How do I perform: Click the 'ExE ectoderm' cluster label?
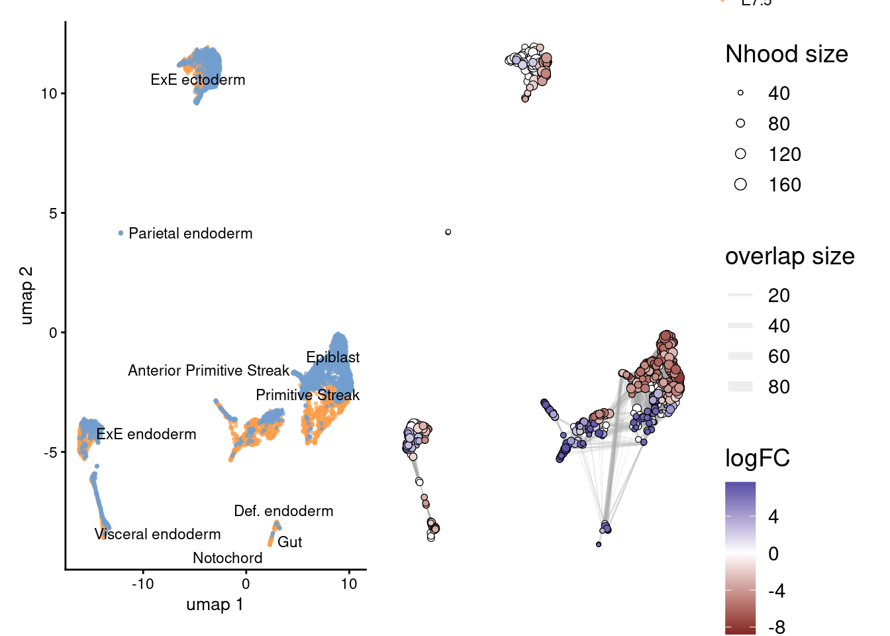click(197, 80)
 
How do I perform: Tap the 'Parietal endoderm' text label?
click(191, 233)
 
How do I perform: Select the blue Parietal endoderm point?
click(121, 233)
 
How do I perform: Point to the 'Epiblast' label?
click(332, 357)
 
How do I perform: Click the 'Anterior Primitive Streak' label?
click(209, 370)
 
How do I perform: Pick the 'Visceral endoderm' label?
click(158, 534)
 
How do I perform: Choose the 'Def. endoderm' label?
click(283, 511)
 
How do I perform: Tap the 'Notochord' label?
click(227, 558)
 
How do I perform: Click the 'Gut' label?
click(289, 542)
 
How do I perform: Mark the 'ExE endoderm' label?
click(146, 434)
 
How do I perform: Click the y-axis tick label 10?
click(49, 93)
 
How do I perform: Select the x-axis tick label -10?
click(142, 584)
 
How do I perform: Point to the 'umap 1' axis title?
click(215, 604)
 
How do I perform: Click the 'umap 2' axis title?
click(26, 295)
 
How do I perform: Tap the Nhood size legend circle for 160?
click(740, 184)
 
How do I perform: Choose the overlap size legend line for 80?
click(740, 387)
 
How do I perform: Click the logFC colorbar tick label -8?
click(777, 627)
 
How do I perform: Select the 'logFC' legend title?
click(757, 458)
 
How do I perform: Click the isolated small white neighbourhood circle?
click(448, 232)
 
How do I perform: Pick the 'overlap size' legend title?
click(789, 256)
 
